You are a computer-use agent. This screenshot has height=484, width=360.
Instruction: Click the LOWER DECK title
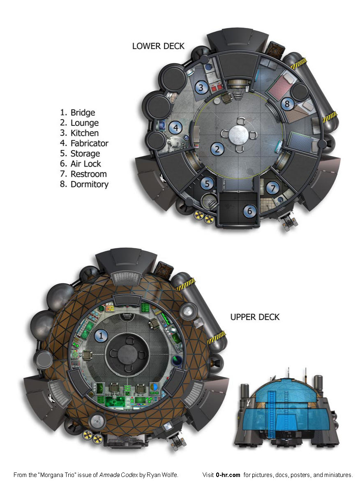pyautogui.click(x=158, y=46)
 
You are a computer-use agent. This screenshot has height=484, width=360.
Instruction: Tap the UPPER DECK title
pyautogui.click(x=255, y=317)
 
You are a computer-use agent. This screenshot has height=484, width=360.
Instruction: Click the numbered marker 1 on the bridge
pyautogui.click(x=101, y=336)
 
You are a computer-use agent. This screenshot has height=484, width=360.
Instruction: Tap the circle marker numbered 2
pyautogui.click(x=217, y=149)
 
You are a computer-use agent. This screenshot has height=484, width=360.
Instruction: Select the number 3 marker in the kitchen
pyautogui.click(x=201, y=87)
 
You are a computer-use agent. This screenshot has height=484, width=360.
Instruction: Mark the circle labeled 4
pyautogui.click(x=175, y=127)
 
